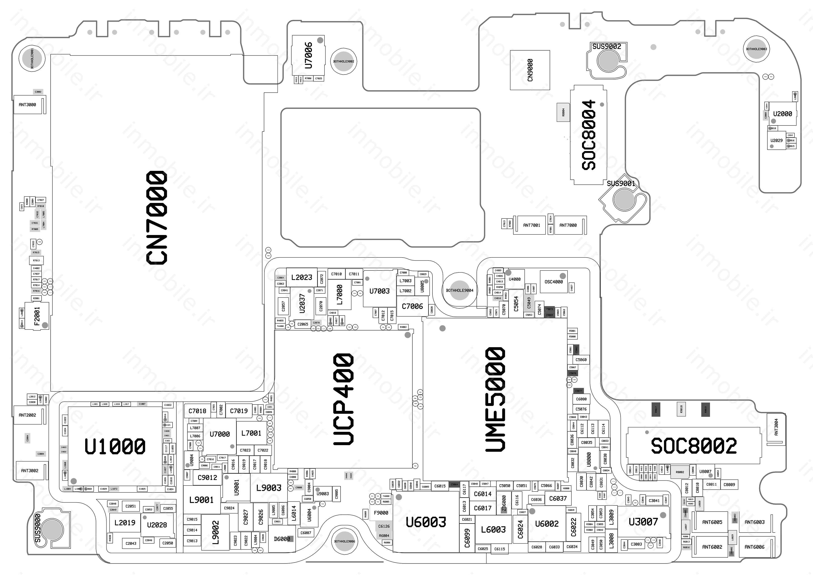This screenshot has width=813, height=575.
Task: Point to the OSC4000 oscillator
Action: (554, 282)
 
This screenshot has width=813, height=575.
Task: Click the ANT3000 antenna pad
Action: (28, 105)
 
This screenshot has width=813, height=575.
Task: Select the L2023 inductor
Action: (301, 277)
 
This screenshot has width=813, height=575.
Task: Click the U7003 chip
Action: (379, 291)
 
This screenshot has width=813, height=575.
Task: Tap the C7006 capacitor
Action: (412, 306)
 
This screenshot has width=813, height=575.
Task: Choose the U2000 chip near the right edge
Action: (782, 114)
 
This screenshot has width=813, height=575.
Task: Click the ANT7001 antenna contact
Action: (531, 225)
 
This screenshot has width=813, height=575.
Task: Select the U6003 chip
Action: (426, 522)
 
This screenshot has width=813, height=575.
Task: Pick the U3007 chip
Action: (643, 521)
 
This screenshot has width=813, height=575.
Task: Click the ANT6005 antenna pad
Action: (712, 522)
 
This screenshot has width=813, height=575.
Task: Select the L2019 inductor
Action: (125, 523)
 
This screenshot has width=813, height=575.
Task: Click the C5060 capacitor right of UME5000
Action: (581, 360)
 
